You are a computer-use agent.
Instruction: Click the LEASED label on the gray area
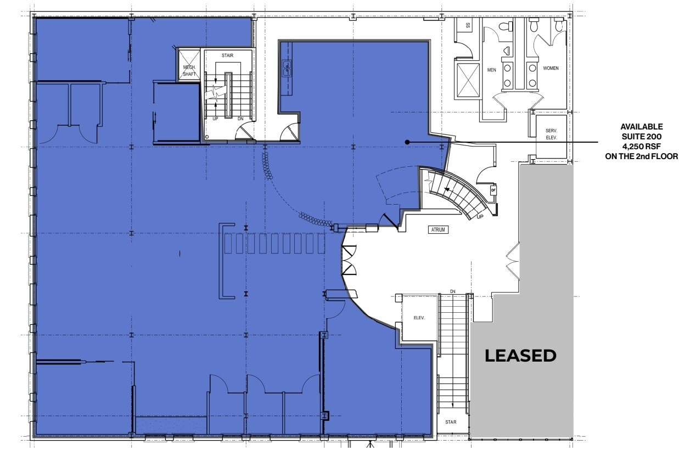click(x=520, y=356)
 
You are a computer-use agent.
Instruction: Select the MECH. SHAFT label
click(x=189, y=71)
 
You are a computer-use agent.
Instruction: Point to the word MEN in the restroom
click(x=491, y=70)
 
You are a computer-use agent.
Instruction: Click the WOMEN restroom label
click(x=551, y=69)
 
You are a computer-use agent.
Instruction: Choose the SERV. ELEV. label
click(x=551, y=134)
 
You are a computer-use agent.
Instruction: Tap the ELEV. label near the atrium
click(x=419, y=318)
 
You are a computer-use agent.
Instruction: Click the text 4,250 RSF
click(x=641, y=147)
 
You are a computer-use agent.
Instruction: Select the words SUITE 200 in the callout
click(x=641, y=137)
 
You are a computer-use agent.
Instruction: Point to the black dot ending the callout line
click(x=407, y=142)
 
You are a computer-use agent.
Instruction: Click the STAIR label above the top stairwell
click(x=228, y=56)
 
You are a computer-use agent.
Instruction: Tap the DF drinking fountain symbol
click(x=493, y=190)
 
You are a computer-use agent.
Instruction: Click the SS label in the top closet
click(x=468, y=25)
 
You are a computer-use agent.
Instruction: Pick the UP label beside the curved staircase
click(x=480, y=216)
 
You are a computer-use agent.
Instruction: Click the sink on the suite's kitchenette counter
click(x=286, y=69)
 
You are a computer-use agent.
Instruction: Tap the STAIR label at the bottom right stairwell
click(x=451, y=422)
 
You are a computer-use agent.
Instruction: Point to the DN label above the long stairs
click(x=452, y=291)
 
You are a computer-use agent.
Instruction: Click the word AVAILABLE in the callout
click(x=641, y=127)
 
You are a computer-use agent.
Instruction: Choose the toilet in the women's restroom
click(x=559, y=25)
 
